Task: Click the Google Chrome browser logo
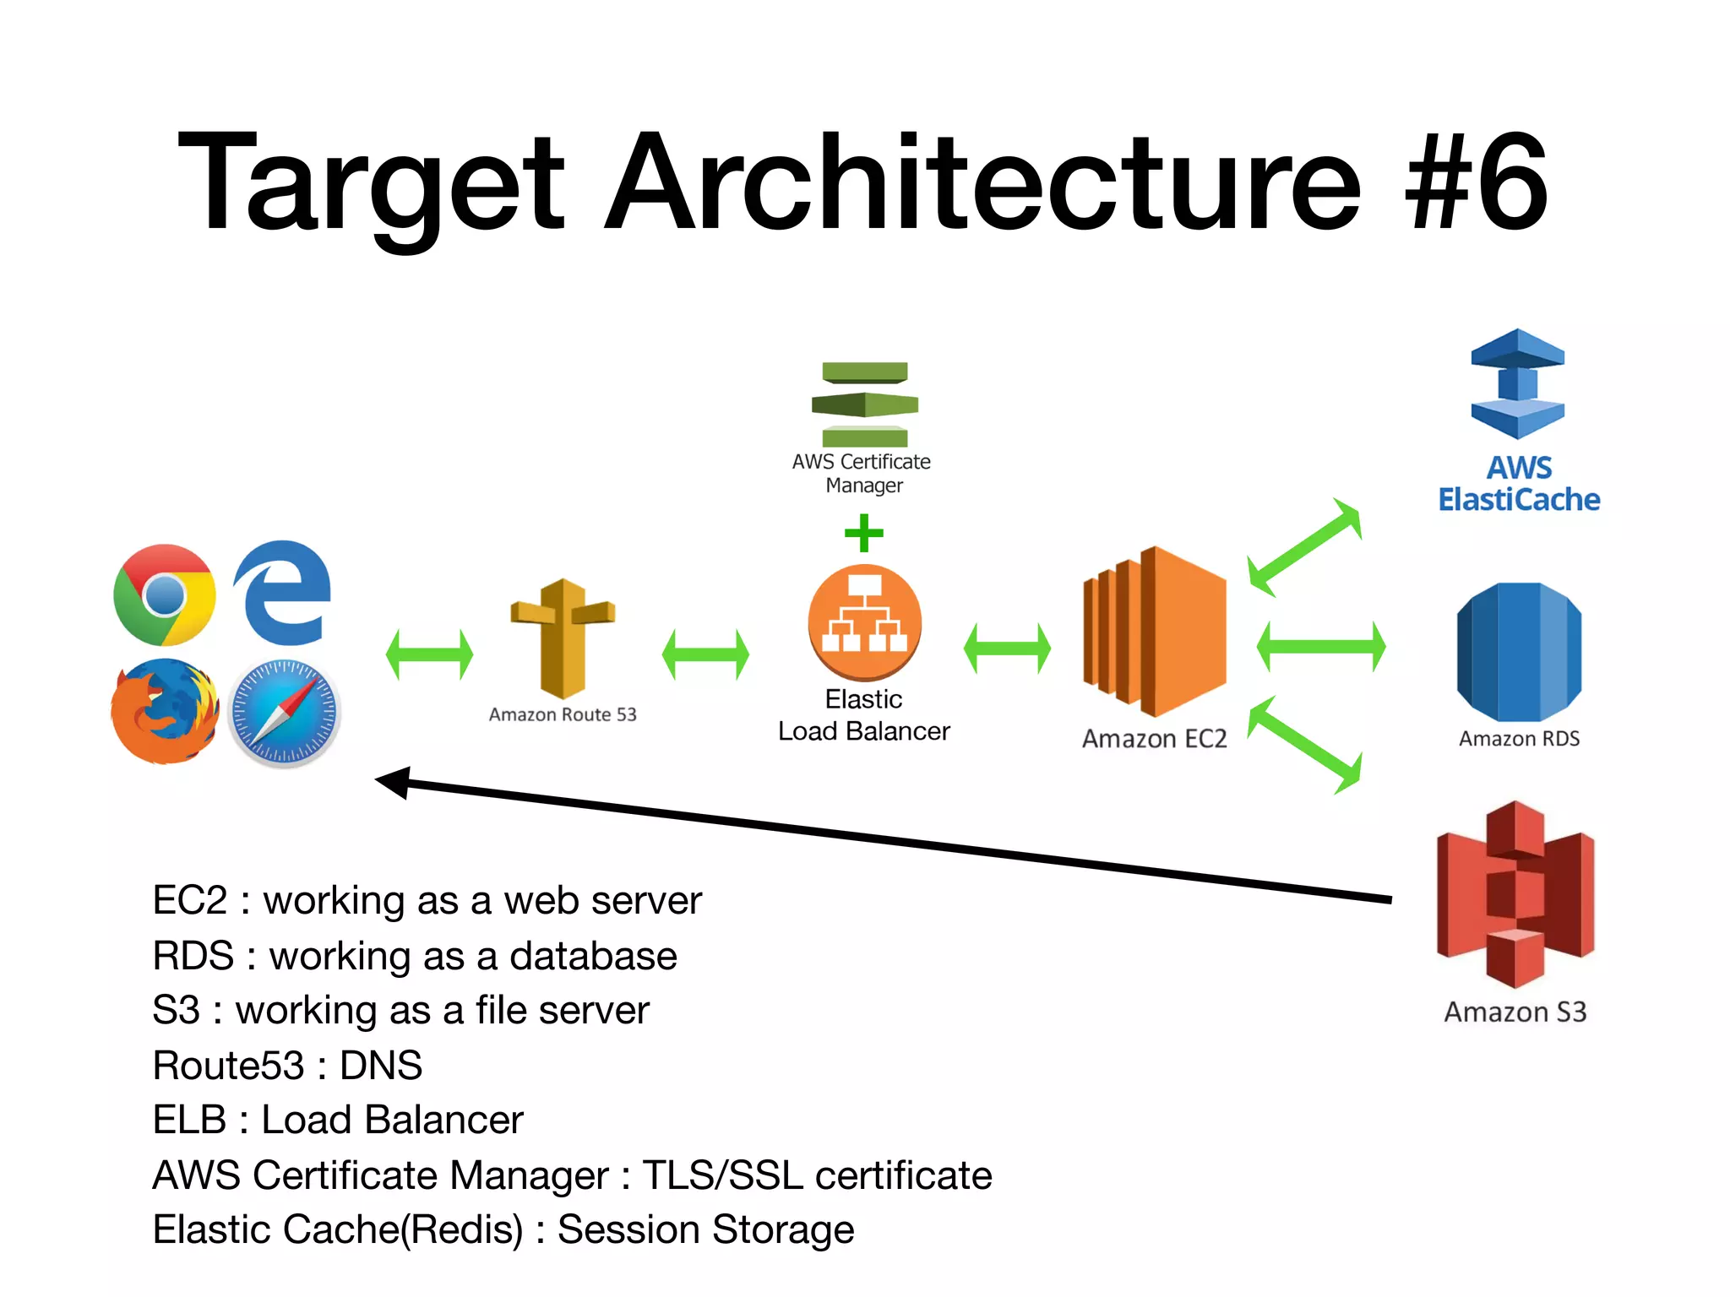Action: (x=165, y=595)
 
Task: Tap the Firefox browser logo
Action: (x=165, y=712)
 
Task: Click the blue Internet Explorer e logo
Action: (x=283, y=593)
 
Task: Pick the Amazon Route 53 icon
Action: (x=563, y=638)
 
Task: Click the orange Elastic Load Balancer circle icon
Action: (x=864, y=622)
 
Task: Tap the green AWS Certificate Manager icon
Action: (x=864, y=404)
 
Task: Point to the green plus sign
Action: (x=864, y=533)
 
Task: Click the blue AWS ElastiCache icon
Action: (x=1518, y=384)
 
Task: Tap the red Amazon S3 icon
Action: (x=1515, y=895)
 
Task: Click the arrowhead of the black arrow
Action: (x=393, y=782)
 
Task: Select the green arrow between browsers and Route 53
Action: (x=430, y=654)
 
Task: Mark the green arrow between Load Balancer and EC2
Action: (x=1007, y=648)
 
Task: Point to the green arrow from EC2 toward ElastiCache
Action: (x=1305, y=547)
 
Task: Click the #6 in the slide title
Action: (x=1476, y=183)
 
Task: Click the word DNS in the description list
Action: (x=381, y=1065)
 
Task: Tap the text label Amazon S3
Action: (x=1515, y=1012)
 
